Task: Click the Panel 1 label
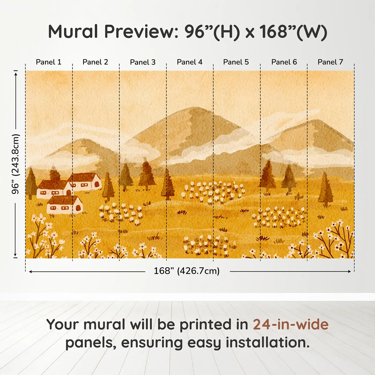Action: pyautogui.click(x=48, y=62)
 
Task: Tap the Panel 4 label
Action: pyautogui.click(x=189, y=62)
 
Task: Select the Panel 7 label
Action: pyautogui.click(x=330, y=62)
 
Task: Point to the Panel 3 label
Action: pyautogui.click(x=142, y=62)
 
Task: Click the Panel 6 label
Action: pyautogui.click(x=284, y=62)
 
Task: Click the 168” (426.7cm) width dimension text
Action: pyautogui.click(x=186, y=271)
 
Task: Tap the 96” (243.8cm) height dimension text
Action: pyautogui.click(x=16, y=164)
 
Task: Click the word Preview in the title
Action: pyautogui.click(x=139, y=32)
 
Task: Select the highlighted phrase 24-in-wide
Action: pyautogui.click(x=291, y=325)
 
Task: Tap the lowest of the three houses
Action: pyautogui.click(x=65, y=205)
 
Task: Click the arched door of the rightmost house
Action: pyautogui.click(x=97, y=185)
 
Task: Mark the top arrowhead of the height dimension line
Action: pyautogui.click(x=16, y=73)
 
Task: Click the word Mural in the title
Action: pyautogui.click(x=73, y=32)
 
